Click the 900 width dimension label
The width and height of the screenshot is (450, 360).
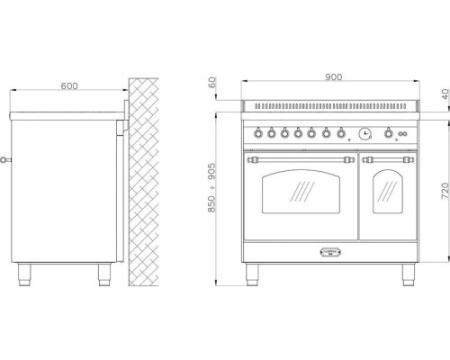tap(333, 77)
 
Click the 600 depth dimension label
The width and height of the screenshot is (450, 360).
tap(69, 86)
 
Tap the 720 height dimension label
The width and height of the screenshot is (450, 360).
tap(445, 191)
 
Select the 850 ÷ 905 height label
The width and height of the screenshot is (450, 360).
tap(212, 188)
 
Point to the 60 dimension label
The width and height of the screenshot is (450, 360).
tap(212, 82)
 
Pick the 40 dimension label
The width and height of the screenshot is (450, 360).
tap(445, 94)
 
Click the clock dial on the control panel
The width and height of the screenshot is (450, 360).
tap(365, 134)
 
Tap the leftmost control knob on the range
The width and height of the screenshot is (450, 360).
tap(258, 133)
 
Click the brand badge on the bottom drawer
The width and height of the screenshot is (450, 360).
tap(330, 252)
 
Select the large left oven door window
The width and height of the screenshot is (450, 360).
tap(301, 192)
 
